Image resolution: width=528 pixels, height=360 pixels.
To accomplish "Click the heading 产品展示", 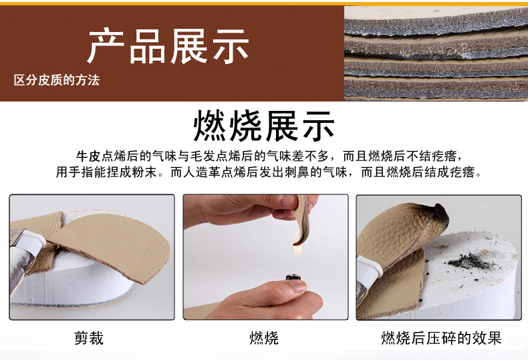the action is point(168,46).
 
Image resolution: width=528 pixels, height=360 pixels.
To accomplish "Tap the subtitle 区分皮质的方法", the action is point(57,80).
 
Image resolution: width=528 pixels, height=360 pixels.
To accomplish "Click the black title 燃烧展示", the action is point(264,126).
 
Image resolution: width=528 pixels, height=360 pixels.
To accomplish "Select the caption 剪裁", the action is point(89,338).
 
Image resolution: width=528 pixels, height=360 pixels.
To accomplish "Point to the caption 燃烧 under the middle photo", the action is point(264,338).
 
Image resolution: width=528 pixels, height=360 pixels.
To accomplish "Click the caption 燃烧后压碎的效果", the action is point(441,338).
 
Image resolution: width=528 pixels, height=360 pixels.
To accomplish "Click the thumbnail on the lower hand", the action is point(297,286).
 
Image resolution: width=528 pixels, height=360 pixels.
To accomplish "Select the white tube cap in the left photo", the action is point(33,240).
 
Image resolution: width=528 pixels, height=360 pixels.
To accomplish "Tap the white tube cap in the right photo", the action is point(369,269).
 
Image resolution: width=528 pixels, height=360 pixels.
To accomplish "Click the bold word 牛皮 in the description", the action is point(88,156).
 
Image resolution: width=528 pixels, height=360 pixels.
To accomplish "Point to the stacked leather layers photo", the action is point(436,53).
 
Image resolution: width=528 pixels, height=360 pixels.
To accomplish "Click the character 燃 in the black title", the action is point(209,126).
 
